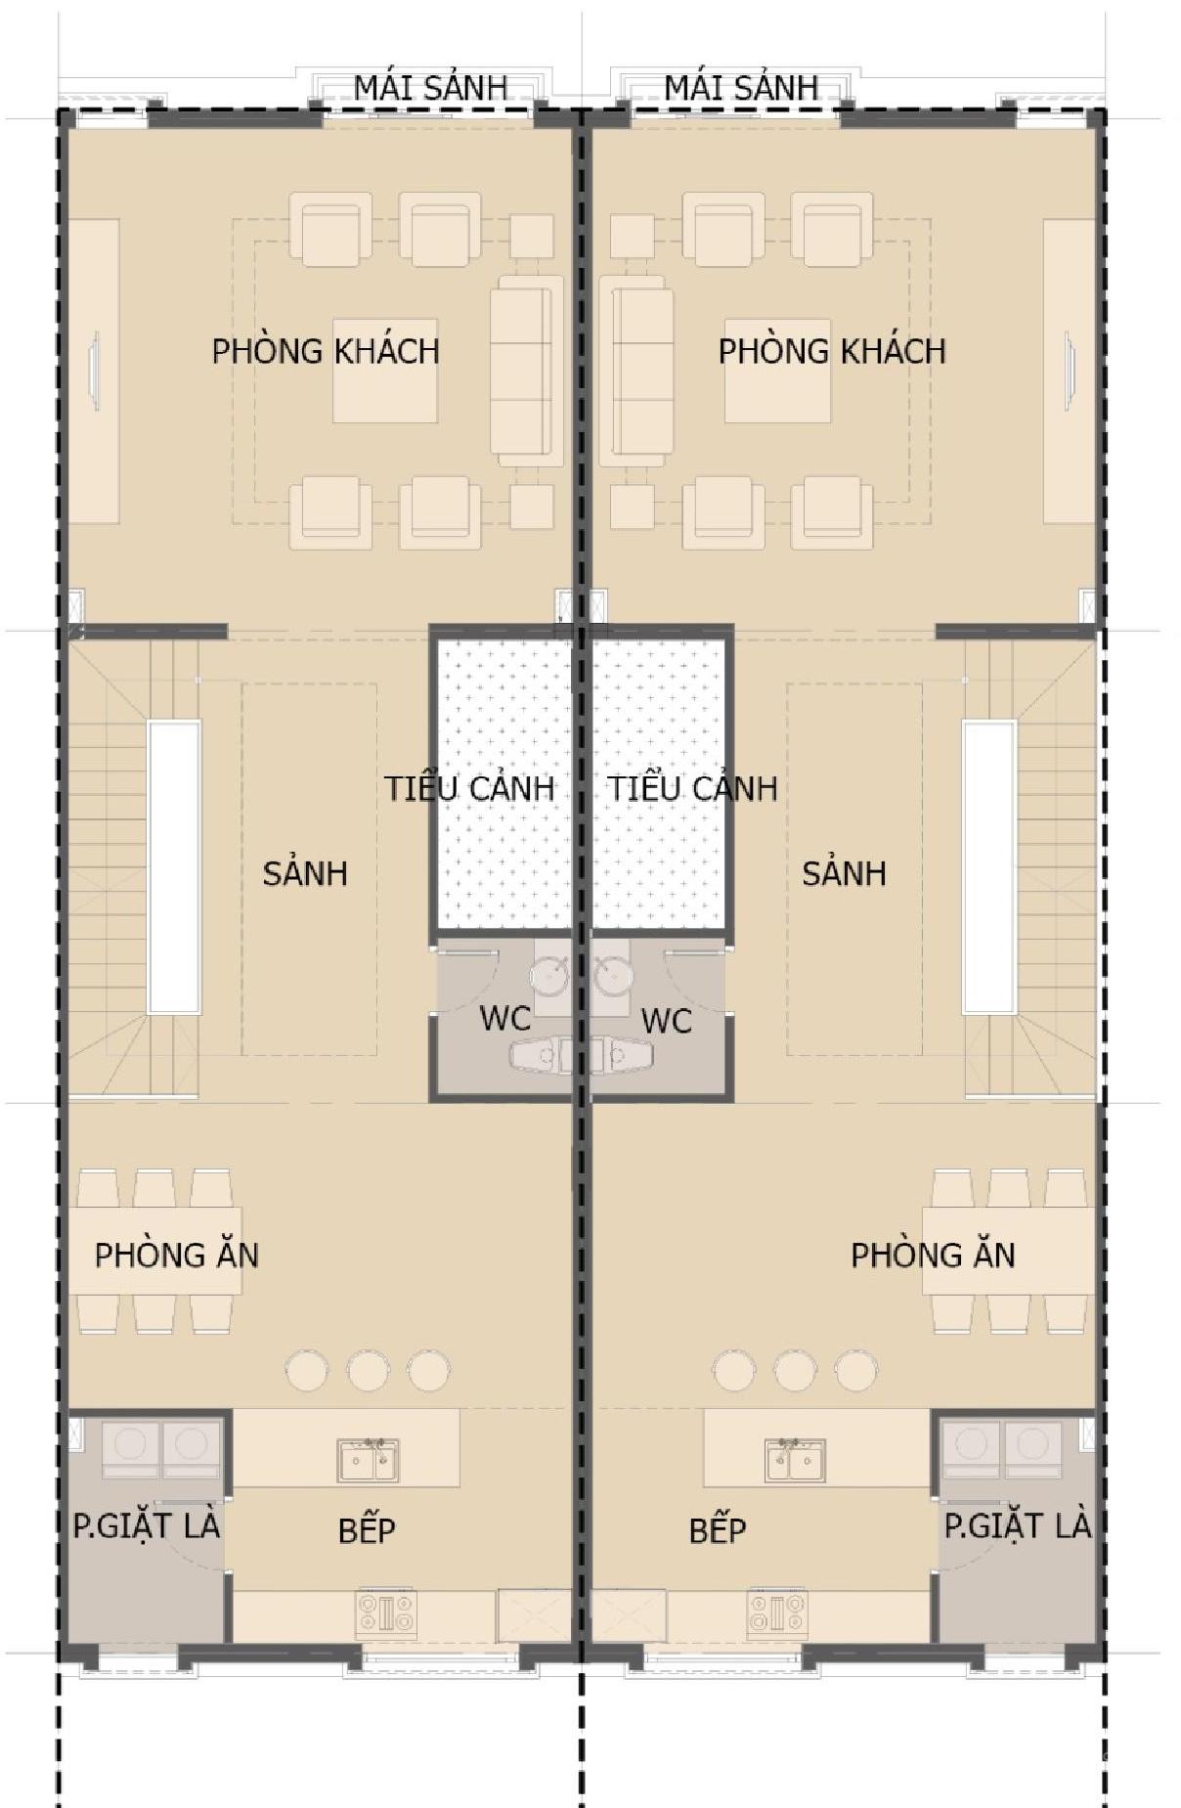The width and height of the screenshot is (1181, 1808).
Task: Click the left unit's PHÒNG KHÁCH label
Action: click(x=326, y=349)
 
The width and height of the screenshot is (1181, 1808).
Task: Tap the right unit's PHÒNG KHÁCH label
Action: click(x=832, y=349)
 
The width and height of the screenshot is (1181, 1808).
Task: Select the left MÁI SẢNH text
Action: click(x=430, y=86)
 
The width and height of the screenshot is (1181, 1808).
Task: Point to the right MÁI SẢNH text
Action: click(x=741, y=86)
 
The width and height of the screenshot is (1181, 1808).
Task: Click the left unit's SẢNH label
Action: click(x=305, y=871)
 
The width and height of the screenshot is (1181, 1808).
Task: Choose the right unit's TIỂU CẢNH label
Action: click(x=693, y=787)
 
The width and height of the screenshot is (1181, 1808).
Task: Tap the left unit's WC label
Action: click(x=505, y=1018)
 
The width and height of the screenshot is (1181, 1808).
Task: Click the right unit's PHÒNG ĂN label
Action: click(x=933, y=1254)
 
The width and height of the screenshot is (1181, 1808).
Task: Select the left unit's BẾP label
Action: click(x=367, y=1529)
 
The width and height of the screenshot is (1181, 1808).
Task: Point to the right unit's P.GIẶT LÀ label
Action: click(x=1017, y=1524)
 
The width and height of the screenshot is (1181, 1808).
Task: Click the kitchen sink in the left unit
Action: click(x=369, y=1460)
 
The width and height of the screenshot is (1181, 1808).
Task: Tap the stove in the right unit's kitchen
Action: click(x=777, y=1612)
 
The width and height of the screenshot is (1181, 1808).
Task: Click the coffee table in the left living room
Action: click(x=385, y=371)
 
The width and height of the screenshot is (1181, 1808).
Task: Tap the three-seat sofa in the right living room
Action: click(x=635, y=371)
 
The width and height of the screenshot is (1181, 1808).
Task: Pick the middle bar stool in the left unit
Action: click(x=369, y=1370)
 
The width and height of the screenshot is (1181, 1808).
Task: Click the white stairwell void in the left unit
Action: click(x=174, y=867)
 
